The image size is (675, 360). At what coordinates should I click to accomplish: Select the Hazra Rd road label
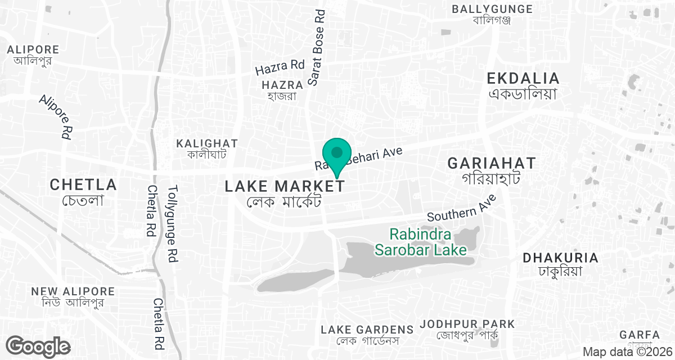[280, 67]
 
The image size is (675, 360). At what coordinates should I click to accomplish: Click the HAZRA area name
[282, 85]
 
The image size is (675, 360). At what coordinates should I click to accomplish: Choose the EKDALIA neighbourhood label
[523, 78]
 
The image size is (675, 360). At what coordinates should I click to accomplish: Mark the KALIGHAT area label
[207, 143]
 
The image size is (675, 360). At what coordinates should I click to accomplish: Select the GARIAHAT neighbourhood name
[492, 164]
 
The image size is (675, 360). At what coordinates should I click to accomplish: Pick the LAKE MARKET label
[284, 186]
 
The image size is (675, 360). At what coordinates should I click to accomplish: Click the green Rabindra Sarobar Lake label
[421, 241]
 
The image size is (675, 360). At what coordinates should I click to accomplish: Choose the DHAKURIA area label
[560, 258]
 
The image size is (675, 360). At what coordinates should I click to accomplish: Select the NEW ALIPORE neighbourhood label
[73, 291]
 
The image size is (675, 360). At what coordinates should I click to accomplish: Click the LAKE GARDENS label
[367, 329]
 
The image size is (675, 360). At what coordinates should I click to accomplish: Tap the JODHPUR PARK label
[467, 324]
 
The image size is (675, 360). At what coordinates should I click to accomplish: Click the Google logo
[38, 346]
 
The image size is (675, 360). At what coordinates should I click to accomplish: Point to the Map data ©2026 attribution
[627, 352]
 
